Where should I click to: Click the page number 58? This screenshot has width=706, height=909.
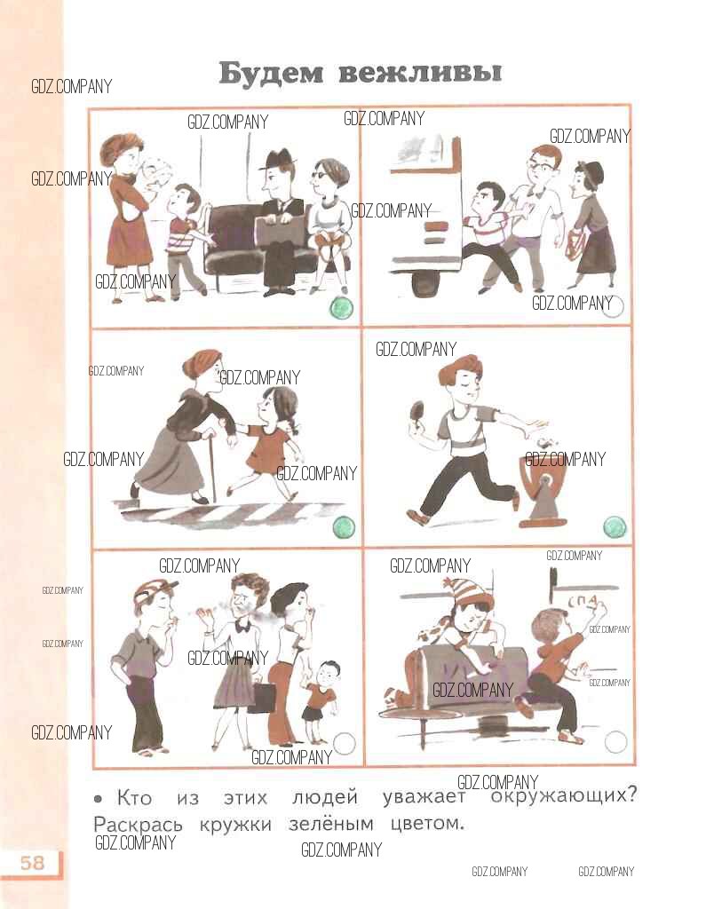33,863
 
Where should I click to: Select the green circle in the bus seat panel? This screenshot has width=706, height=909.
342,308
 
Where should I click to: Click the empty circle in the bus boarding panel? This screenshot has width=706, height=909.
613,306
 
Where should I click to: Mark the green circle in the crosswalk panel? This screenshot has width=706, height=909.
344,527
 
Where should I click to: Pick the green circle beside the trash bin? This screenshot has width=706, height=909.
615,527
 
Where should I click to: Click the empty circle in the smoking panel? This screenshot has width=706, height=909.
344,744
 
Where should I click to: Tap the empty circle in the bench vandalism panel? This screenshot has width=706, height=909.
615,741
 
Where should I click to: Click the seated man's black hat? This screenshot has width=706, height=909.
277,160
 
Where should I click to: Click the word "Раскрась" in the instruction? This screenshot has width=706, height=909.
138,825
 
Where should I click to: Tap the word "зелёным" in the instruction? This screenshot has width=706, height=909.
331,824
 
